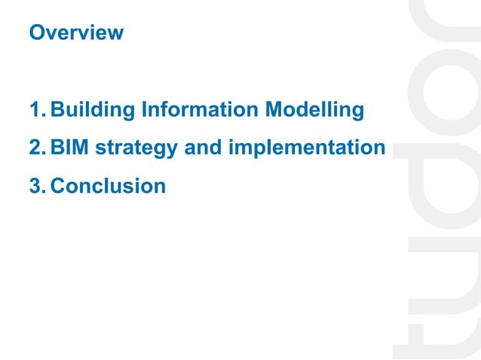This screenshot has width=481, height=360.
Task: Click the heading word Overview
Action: [x=75, y=33]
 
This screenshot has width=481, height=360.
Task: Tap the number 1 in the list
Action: [x=35, y=111]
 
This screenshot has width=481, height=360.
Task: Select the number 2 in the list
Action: [x=35, y=148]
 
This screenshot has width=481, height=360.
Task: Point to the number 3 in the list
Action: [x=35, y=185]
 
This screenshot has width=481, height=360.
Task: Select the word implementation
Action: [x=307, y=148]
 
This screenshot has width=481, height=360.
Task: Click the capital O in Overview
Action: [x=35, y=33]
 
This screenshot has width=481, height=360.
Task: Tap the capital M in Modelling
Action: [x=276, y=111]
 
